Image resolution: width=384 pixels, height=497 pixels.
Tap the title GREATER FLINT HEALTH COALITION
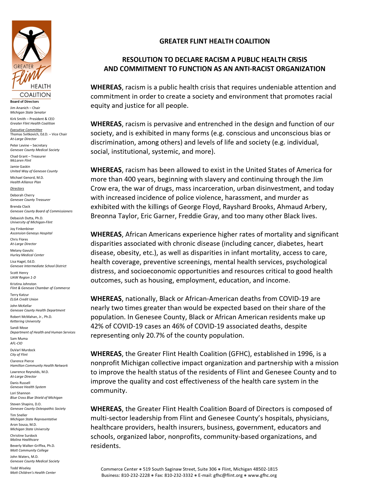(214, 41)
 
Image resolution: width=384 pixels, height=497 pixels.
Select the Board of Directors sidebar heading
(24, 102)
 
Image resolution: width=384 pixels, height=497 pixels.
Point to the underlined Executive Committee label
(26, 130)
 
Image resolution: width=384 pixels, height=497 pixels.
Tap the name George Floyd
(197, 207)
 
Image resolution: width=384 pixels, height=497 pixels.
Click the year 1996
(305, 354)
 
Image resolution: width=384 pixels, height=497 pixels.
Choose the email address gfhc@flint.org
(228, 476)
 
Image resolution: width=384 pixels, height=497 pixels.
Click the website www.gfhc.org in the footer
(262, 476)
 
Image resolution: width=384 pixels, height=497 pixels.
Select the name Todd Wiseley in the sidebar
(20, 468)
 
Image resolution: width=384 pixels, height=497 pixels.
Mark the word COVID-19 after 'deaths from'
(293, 299)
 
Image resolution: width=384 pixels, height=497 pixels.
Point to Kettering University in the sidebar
(25, 321)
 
